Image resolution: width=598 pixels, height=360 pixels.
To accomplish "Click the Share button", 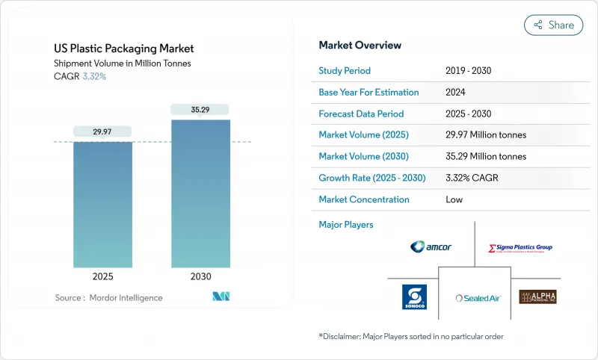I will [x=553, y=25].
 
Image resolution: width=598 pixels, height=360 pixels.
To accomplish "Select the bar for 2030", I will [x=200, y=194].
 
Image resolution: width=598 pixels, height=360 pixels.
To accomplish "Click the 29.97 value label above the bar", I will [x=102, y=131].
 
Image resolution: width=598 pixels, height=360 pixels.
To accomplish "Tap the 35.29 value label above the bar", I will [x=200, y=110].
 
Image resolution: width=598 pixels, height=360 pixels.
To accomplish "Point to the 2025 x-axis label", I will [x=102, y=276].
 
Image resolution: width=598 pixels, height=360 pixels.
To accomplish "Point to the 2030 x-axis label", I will [x=200, y=276].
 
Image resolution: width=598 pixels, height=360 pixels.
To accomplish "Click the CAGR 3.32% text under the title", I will [x=81, y=76].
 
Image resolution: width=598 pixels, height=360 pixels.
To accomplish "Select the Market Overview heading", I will [x=360, y=46].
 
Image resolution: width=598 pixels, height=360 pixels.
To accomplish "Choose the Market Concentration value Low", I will [x=454, y=199].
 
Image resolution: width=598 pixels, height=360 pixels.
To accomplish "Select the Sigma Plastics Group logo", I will [x=520, y=247].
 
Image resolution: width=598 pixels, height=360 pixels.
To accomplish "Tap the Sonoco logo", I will [x=414, y=296].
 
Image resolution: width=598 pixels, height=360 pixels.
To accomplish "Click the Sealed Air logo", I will [x=478, y=297].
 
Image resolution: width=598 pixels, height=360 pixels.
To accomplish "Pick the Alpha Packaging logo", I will [x=537, y=297].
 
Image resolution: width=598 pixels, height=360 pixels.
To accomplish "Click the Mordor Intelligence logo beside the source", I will [x=221, y=297].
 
